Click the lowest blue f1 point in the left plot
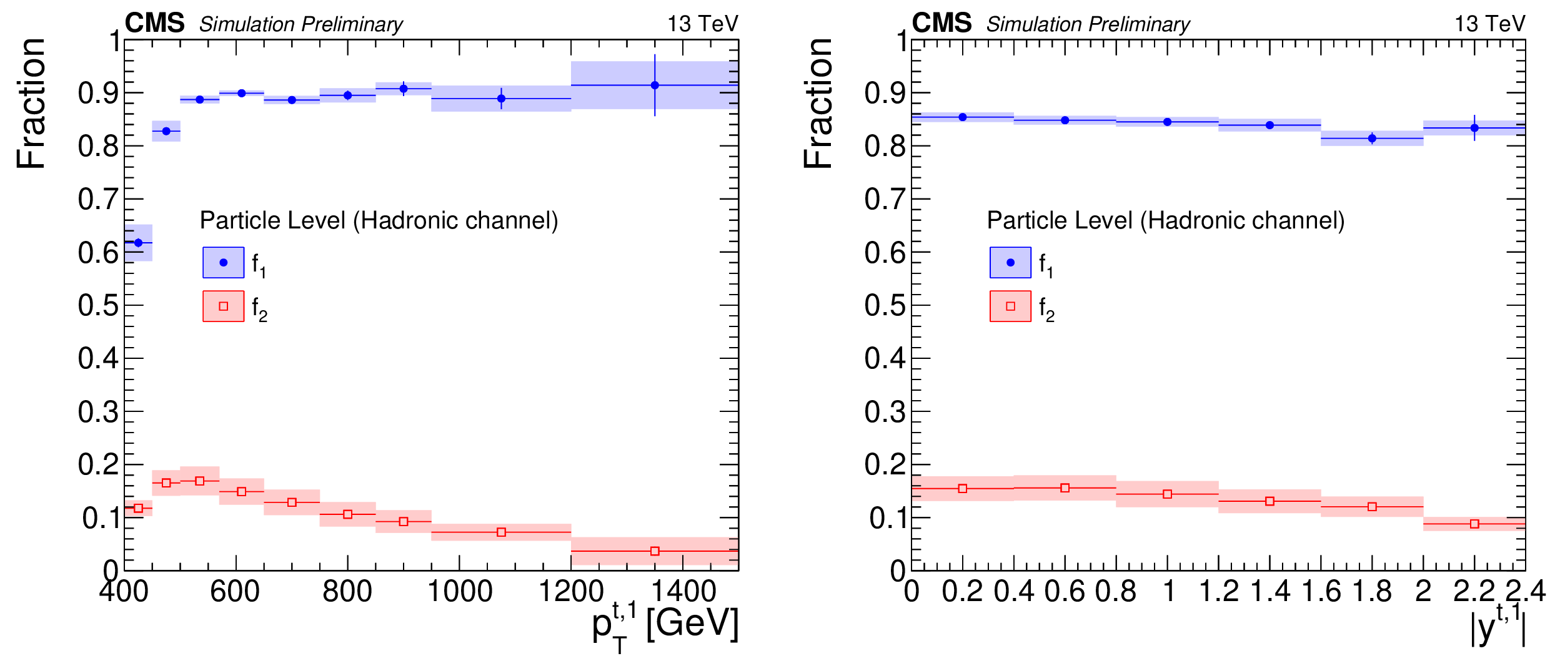138,242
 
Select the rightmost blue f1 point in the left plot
655,85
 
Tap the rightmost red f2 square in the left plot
655,551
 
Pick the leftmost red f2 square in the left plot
138,509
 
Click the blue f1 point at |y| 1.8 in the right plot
1372,138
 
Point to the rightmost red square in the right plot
1474,524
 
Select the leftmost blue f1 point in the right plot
963,117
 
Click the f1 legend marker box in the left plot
223,262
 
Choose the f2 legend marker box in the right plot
1010,306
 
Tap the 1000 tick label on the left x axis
460,591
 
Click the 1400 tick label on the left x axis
683,591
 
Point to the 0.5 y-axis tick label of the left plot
98,306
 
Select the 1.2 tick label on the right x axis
1219,591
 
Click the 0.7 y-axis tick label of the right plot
885,200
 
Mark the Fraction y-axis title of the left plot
31,103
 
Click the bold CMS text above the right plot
941,23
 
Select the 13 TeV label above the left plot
703,24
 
